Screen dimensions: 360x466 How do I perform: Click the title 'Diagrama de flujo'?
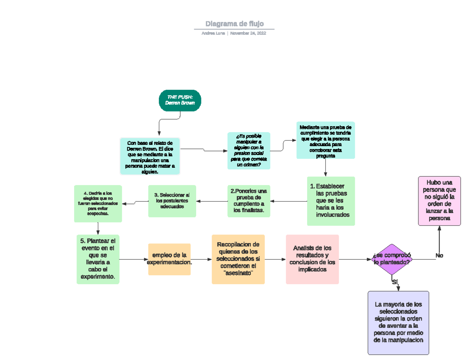coord(234,24)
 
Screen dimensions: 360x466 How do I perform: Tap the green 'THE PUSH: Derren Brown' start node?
coord(180,100)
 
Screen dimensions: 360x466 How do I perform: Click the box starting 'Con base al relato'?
coord(150,156)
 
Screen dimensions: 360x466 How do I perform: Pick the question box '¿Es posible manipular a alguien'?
coord(249,151)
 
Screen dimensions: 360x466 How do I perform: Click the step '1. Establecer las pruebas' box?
coord(331,201)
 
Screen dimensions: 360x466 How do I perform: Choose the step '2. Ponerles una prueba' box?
coord(249,201)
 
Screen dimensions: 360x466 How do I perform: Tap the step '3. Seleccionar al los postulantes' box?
coord(172,201)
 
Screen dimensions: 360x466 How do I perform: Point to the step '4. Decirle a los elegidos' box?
coord(98,203)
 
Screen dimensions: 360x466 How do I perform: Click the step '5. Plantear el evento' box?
coord(98,259)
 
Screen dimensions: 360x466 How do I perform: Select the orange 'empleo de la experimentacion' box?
coord(169,259)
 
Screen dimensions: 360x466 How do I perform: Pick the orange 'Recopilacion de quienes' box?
coord(238,259)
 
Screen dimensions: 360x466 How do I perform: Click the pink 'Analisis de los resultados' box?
coord(312,259)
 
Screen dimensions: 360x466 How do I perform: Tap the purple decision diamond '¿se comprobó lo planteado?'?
coord(392,259)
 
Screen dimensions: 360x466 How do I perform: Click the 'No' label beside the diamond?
coord(439,256)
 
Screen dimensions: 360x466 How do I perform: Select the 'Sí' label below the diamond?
coord(395,282)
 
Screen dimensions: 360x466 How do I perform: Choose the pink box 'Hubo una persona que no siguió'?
coord(439,201)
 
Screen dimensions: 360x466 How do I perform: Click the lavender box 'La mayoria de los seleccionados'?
coord(398,322)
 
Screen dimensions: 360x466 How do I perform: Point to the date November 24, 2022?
coord(248,33)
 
